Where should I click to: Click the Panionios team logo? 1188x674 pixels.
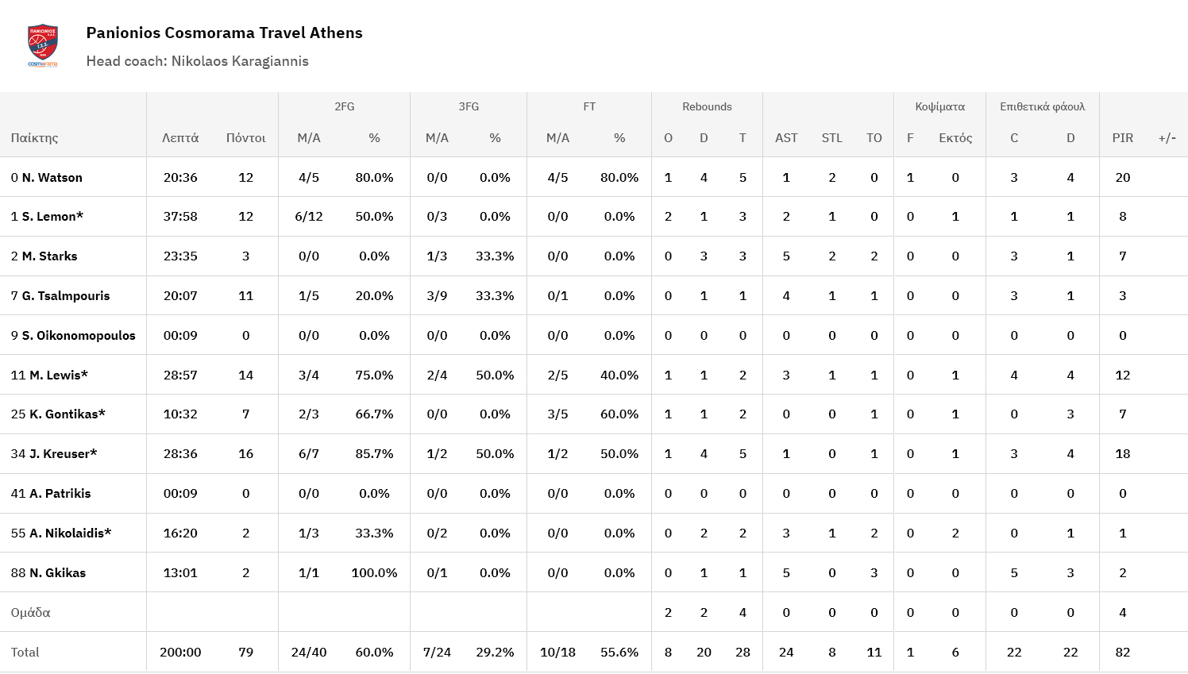pyautogui.click(x=43, y=45)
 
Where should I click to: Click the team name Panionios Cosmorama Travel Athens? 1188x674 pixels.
pyautogui.click(x=224, y=33)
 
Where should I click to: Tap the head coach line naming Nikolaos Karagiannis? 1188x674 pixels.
pyautogui.click(x=197, y=61)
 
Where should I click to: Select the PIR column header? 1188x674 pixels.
pyautogui.click(x=1122, y=138)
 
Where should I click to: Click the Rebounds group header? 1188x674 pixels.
pyautogui.click(x=707, y=106)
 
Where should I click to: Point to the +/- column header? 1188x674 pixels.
pyautogui.click(x=1167, y=138)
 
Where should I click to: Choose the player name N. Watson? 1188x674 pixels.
pyautogui.click(x=52, y=177)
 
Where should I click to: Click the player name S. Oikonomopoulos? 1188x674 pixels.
pyautogui.click(x=78, y=335)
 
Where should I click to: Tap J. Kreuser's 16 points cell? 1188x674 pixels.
pyautogui.click(x=245, y=454)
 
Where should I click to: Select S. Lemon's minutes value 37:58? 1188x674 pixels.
pyautogui.click(x=180, y=217)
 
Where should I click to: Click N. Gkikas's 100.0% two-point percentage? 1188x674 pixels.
pyautogui.click(x=374, y=572)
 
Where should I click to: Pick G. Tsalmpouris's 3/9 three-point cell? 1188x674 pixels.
pyautogui.click(x=437, y=296)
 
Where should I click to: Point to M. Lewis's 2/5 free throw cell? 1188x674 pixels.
pyautogui.click(x=557, y=375)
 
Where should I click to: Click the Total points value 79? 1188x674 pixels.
pyautogui.click(x=245, y=652)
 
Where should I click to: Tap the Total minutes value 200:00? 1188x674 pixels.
pyautogui.click(x=180, y=652)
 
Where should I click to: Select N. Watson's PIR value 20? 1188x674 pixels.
pyautogui.click(x=1122, y=177)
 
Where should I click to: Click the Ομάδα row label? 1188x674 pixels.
pyautogui.click(x=31, y=612)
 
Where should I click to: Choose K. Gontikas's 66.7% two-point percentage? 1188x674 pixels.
pyautogui.click(x=374, y=414)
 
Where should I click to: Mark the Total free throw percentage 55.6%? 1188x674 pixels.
pyautogui.click(x=619, y=652)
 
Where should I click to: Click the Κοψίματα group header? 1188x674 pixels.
pyautogui.click(x=939, y=106)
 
